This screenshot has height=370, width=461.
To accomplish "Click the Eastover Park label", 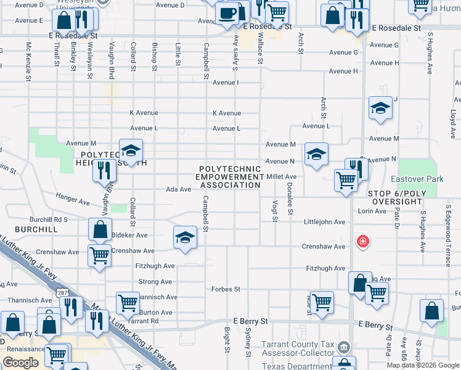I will coord(417,179).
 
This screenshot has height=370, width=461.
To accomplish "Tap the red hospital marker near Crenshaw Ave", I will coord(363,240).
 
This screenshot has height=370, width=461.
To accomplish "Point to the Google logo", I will coord(21,362).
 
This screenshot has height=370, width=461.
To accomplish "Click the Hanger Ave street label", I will coord(72,200).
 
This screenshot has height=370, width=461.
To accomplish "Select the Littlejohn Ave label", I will coord(324,222).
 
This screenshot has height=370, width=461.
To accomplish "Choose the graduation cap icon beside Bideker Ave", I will coord(184,237).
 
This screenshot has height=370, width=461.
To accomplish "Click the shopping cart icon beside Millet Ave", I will coord(346,180).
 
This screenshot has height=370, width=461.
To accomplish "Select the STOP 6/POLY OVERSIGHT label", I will coord(405,197).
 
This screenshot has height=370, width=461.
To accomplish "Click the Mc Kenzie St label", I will coord(28,62).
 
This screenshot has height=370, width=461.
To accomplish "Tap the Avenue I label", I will coord(226,82).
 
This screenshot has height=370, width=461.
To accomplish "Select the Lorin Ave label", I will coord(371,211).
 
